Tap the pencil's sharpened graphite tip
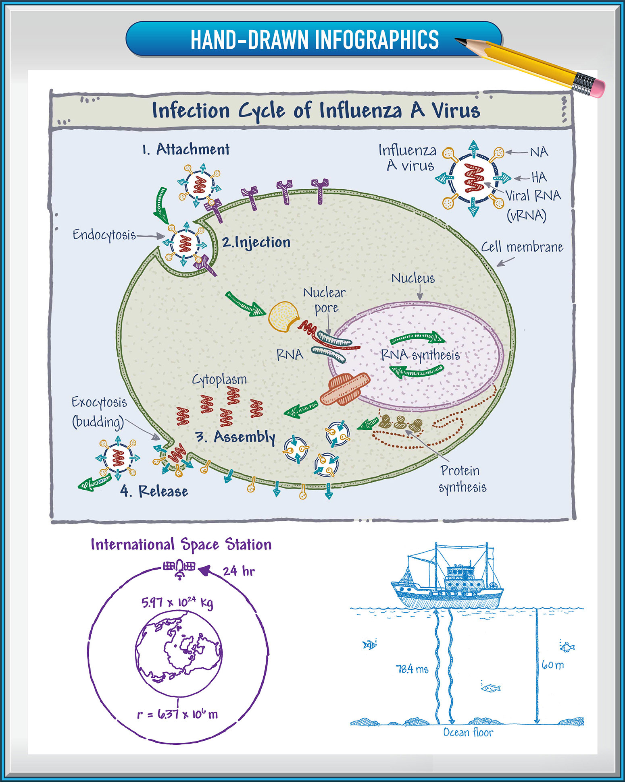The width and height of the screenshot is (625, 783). click(x=459, y=40)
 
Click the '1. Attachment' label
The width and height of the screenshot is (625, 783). click(x=186, y=149)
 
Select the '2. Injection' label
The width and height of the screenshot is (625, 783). click(x=256, y=242)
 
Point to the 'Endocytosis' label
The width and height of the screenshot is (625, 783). click(x=104, y=235)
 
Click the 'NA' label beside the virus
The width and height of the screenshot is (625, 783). click(x=539, y=152)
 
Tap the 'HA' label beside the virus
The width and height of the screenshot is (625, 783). click(x=539, y=177)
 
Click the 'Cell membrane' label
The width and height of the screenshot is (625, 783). click(x=522, y=247)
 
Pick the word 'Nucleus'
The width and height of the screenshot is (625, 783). click(x=413, y=278)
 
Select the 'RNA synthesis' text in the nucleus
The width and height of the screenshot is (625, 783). click(x=420, y=355)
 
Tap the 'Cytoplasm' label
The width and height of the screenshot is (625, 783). click(x=219, y=380)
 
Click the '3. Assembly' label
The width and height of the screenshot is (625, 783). click(x=235, y=437)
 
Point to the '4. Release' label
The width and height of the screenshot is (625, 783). click(x=154, y=491)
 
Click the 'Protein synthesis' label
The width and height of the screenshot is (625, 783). click(x=462, y=479)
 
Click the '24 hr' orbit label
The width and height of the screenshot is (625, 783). click(x=239, y=571)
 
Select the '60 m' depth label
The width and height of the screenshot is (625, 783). click(x=552, y=665)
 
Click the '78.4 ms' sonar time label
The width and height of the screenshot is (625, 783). click(x=412, y=669)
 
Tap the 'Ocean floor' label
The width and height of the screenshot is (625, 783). click(x=468, y=732)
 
